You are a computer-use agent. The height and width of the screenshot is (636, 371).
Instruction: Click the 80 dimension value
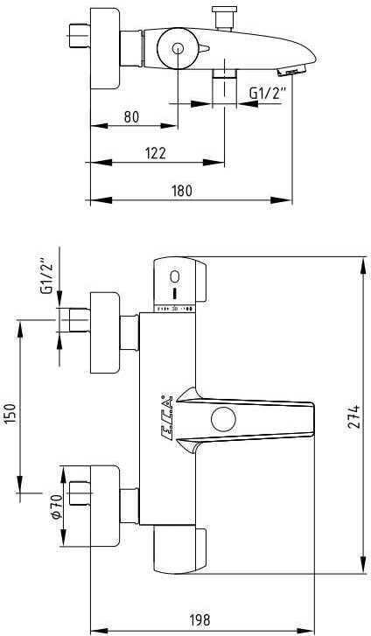131,116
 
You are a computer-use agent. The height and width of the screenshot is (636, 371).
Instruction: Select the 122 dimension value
155,153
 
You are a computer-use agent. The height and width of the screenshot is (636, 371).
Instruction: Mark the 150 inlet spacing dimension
10,411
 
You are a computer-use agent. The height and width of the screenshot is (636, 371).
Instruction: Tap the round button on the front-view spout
222,419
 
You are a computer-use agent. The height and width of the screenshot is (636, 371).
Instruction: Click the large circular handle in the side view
178,50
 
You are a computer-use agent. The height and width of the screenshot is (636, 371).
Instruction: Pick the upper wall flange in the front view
105,332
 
